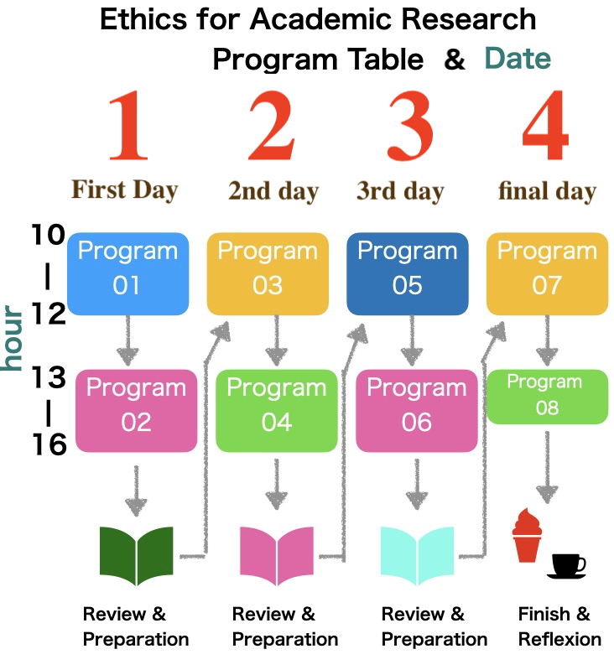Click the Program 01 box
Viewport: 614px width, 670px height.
click(127, 273)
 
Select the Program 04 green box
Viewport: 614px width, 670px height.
click(277, 411)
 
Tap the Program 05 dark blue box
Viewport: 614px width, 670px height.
click(407, 273)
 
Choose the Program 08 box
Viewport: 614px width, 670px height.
click(547, 397)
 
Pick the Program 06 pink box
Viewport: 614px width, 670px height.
click(417, 411)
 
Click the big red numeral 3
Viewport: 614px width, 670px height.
click(411, 126)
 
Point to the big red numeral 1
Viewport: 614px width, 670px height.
click(128, 125)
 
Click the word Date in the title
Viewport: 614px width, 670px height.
click(518, 58)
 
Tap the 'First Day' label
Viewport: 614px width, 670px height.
click(124, 190)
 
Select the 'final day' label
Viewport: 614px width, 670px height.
click(547, 191)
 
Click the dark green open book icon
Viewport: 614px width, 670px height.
click(136, 555)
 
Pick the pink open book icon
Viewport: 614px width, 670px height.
click(277, 555)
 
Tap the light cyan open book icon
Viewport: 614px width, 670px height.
click(417, 555)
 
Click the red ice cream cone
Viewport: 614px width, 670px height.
click(527, 535)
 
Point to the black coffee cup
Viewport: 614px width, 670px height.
click(567, 566)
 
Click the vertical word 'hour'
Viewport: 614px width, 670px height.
click(12, 338)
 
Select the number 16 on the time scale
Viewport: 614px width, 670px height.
click(49, 444)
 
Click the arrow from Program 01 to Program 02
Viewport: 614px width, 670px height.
click(127, 340)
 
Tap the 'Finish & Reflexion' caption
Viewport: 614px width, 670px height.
click(559, 626)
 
